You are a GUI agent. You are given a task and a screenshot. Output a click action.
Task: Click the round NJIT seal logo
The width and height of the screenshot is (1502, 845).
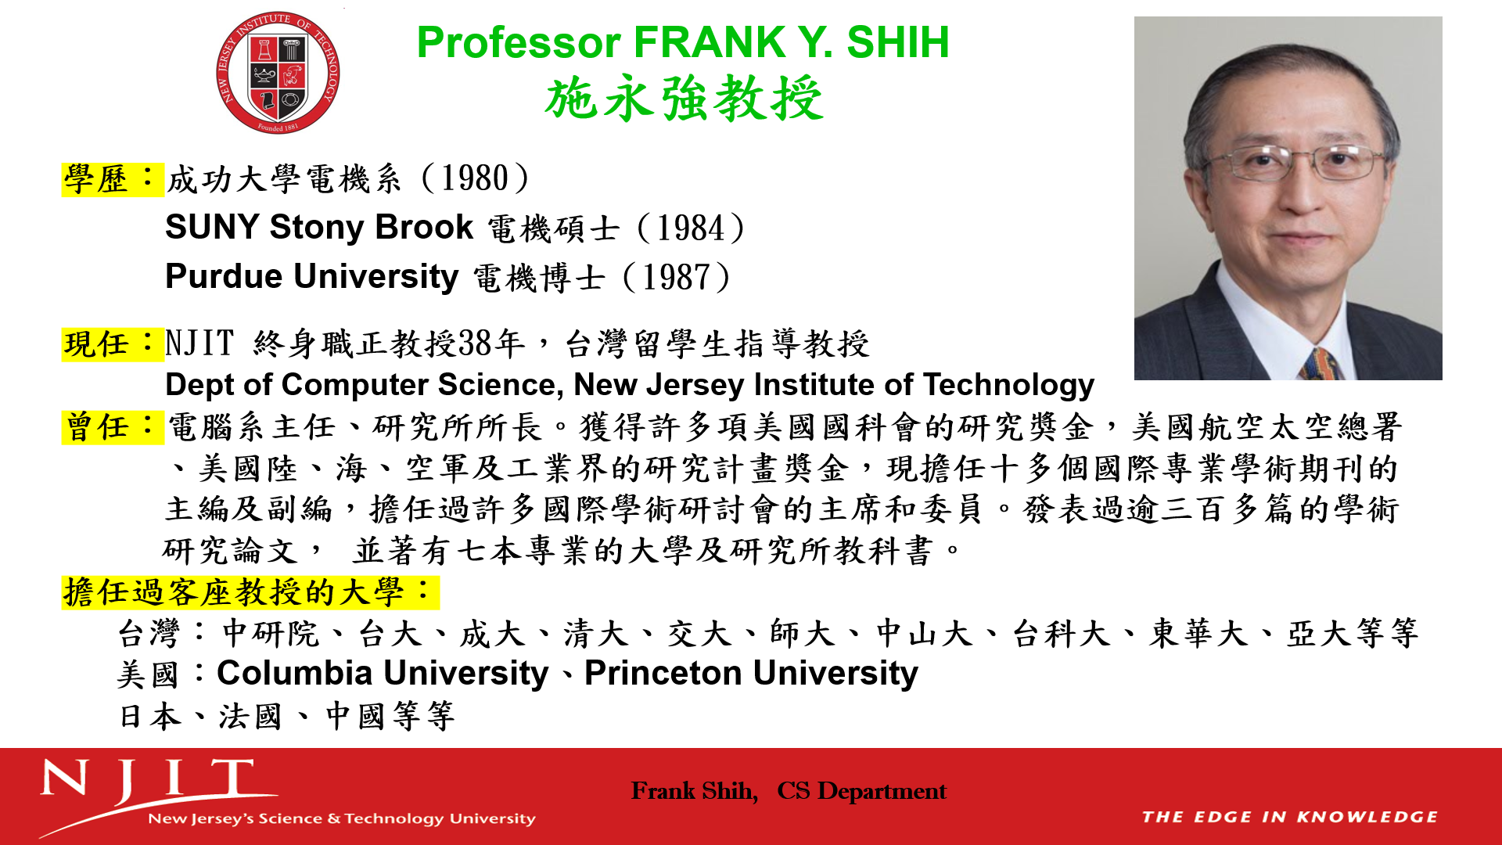[278, 73]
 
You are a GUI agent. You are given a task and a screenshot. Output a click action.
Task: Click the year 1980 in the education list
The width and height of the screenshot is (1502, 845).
[475, 178]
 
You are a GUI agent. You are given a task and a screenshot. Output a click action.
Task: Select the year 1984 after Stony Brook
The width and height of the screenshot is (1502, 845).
[691, 228]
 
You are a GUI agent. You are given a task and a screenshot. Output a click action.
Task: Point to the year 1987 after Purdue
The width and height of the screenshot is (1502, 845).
[677, 278]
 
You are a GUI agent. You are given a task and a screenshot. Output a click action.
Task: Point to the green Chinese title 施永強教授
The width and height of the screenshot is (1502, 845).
[684, 99]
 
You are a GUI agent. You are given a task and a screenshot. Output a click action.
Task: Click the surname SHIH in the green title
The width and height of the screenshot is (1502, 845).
[897, 42]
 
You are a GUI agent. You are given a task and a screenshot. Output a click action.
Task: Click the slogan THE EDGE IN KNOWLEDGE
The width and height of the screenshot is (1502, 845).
[1289, 818]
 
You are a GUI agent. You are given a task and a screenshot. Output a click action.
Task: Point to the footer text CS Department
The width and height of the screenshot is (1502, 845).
[861, 792]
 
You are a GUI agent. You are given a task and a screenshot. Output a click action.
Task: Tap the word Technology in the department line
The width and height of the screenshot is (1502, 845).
[1008, 385]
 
